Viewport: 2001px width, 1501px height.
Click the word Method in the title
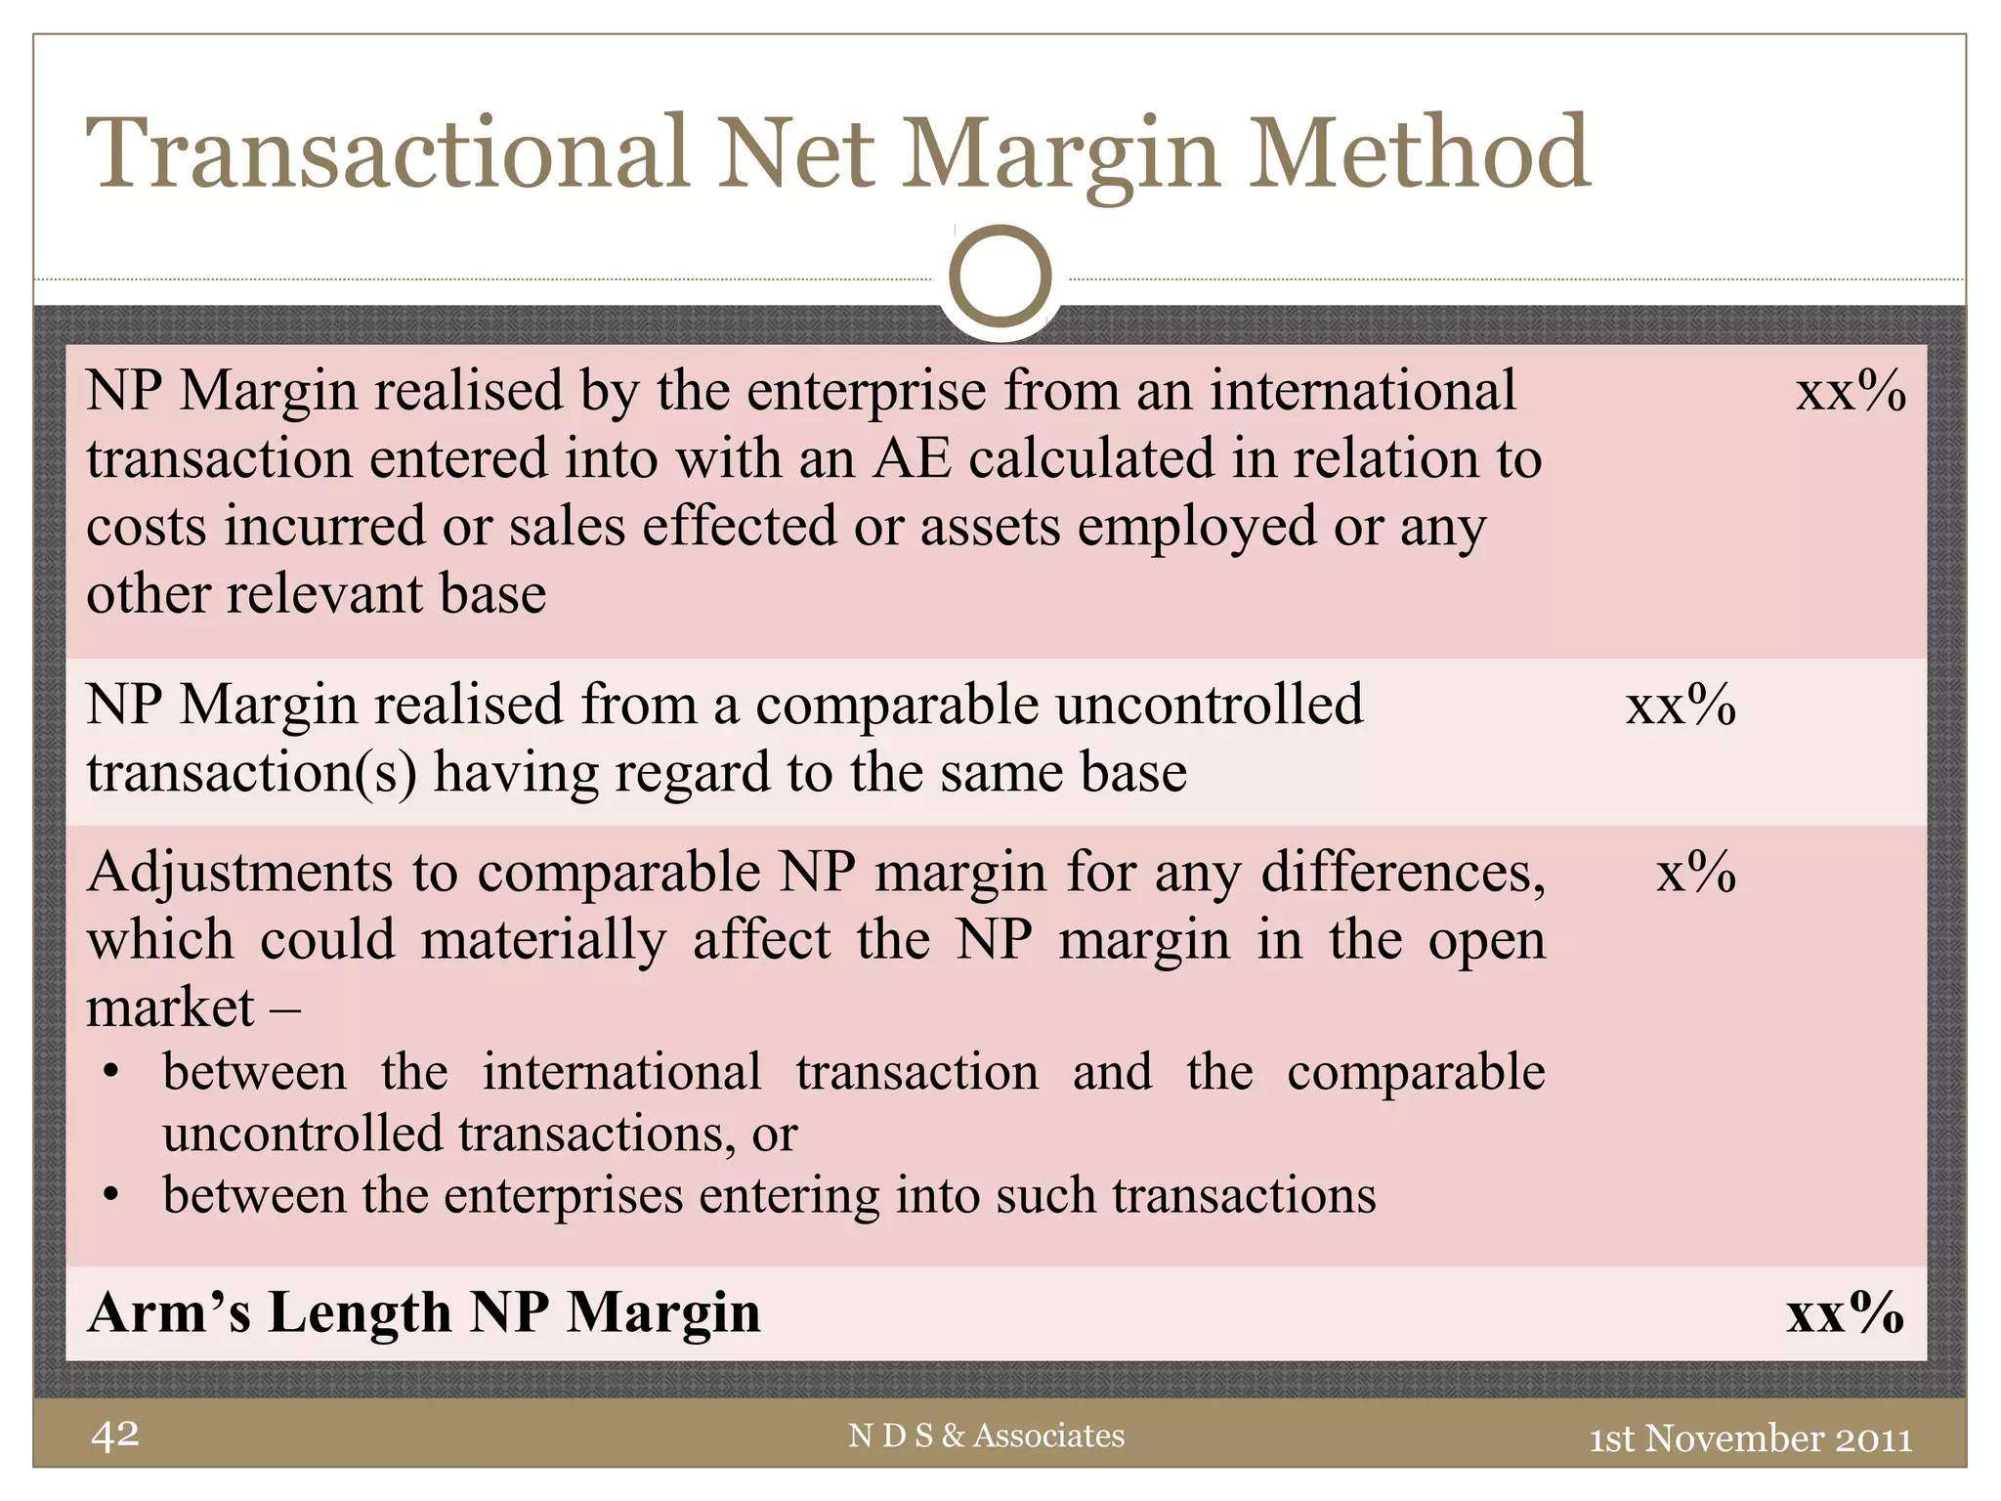[1421, 153]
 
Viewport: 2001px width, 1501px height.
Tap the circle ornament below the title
[1000, 277]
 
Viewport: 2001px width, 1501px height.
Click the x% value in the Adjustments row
[1696, 872]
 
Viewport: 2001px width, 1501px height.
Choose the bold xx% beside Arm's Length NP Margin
[1845, 1312]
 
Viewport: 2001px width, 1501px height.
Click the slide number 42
[115, 1435]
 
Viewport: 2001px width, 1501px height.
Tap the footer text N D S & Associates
[986, 1436]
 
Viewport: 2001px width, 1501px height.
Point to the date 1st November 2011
[1750, 1438]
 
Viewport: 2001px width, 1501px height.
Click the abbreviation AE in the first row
[912, 458]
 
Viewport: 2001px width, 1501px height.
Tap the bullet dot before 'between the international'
[111, 1073]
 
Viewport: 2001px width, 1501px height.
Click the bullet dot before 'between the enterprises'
[111, 1196]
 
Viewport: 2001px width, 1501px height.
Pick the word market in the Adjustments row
[170, 1008]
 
